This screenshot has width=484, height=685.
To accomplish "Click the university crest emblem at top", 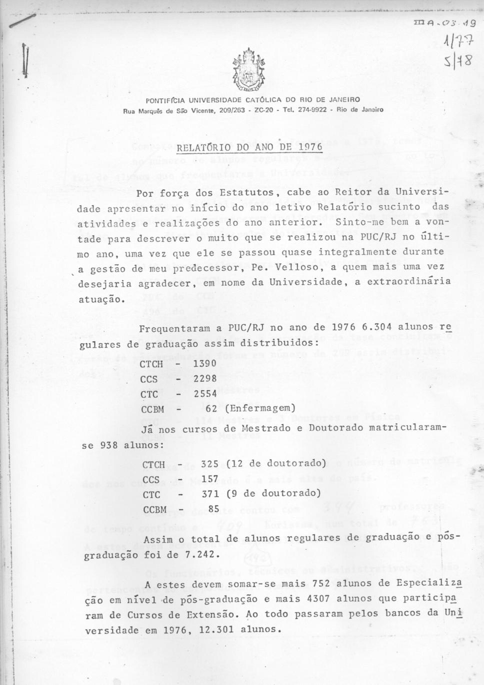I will pyautogui.click(x=251, y=70).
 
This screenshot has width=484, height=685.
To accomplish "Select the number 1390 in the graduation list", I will pyautogui.click(x=205, y=363).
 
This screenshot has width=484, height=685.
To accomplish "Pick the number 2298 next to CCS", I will pyautogui.click(x=205, y=378).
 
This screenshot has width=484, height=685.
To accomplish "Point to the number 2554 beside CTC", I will pyautogui.click(x=205, y=393).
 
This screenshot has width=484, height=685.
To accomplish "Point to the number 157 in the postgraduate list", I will pyautogui.click(x=210, y=479).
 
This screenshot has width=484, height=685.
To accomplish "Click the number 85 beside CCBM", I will pyautogui.click(x=214, y=509).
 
